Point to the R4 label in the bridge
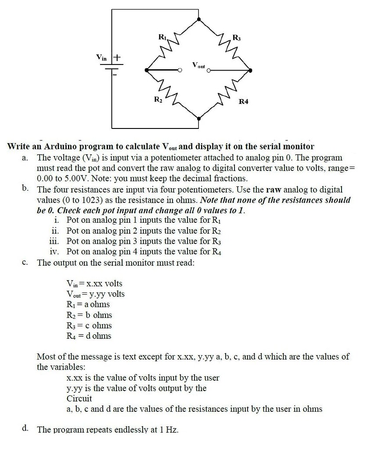click(x=244, y=102)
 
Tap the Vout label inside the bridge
click(x=198, y=65)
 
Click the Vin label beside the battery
click(x=102, y=57)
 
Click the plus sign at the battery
click(x=118, y=57)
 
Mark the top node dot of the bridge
click(x=199, y=20)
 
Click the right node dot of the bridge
click(x=250, y=70)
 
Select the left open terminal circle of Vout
click(x=180, y=70)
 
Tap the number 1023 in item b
click(x=83, y=200)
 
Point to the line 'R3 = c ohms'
click(x=89, y=325)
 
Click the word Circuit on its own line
click(x=79, y=399)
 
